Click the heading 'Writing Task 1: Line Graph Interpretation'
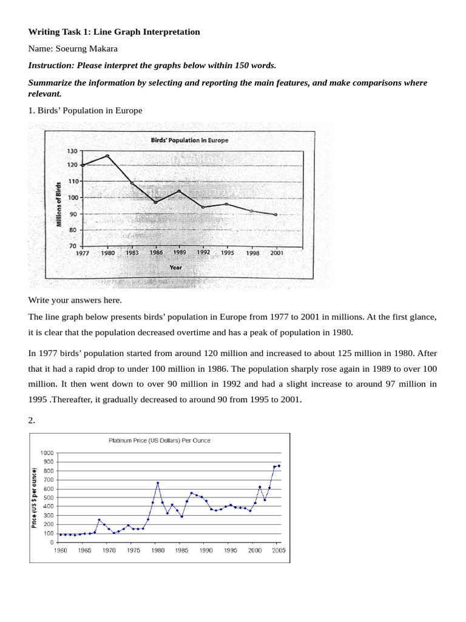[x=114, y=32]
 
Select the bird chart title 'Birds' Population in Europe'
[x=189, y=140]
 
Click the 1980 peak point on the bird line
[x=107, y=155]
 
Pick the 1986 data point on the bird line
[x=155, y=202]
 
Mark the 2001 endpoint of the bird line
[x=276, y=215]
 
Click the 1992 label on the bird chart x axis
[x=203, y=252]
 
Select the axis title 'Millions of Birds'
[x=59, y=204]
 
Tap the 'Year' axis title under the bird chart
[x=176, y=267]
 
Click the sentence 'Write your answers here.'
[x=75, y=300]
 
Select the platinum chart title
[x=160, y=440]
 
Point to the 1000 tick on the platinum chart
[x=47, y=453]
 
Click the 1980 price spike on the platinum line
[x=158, y=483]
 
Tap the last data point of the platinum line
[x=279, y=466]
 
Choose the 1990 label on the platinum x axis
[x=206, y=550]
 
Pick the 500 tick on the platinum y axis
[x=49, y=497]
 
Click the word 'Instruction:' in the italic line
[x=52, y=66]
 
